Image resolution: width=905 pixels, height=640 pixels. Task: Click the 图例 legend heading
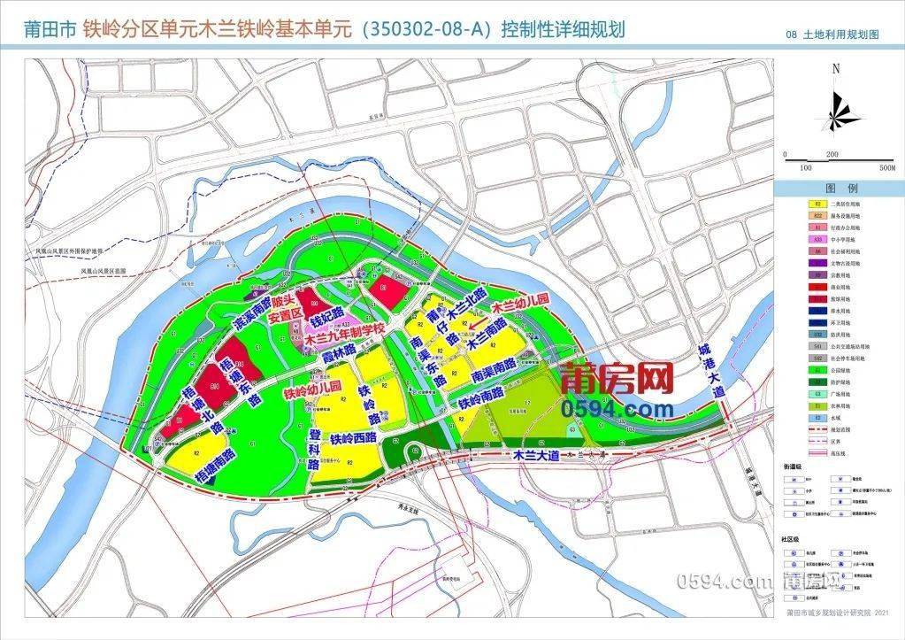836,189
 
